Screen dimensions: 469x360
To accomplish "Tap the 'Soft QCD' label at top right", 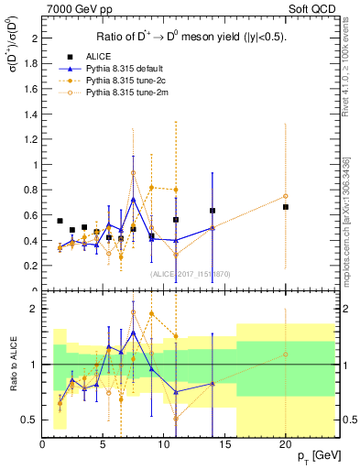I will click(x=311, y=8).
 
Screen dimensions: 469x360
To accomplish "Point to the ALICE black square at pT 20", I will click(x=286, y=207).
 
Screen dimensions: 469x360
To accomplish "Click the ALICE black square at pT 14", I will click(x=213, y=211).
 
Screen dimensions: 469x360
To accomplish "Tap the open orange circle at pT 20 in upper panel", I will click(x=286, y=196).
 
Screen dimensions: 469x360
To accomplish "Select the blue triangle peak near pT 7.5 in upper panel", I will click(x=134, y=199).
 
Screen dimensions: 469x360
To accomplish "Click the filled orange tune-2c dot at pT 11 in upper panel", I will click(x=176, y=190).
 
